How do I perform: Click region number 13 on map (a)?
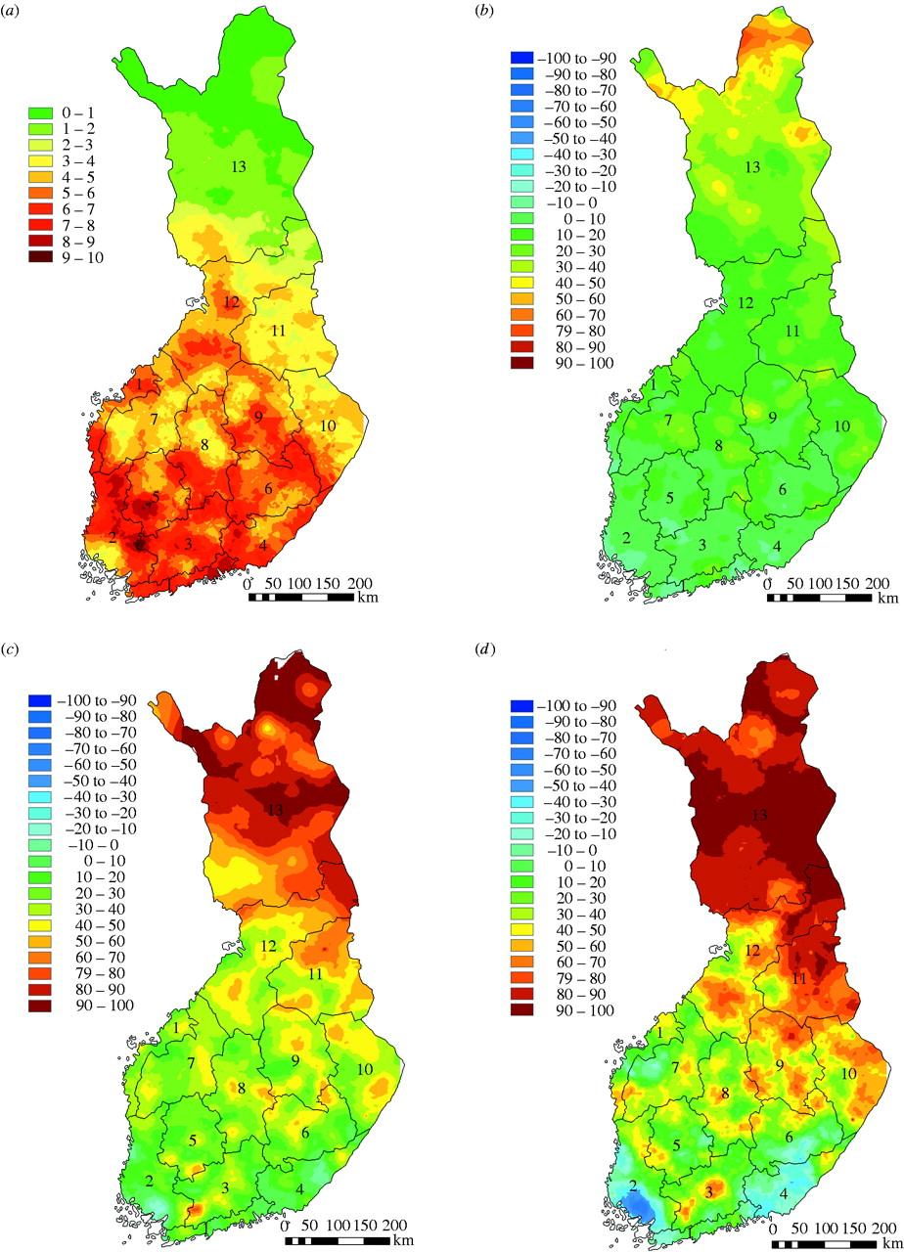click(238, 167)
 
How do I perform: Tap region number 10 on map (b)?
click(840, 426)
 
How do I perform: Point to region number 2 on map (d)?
click(633, 1187)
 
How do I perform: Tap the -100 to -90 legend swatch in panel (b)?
click(522, 58)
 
